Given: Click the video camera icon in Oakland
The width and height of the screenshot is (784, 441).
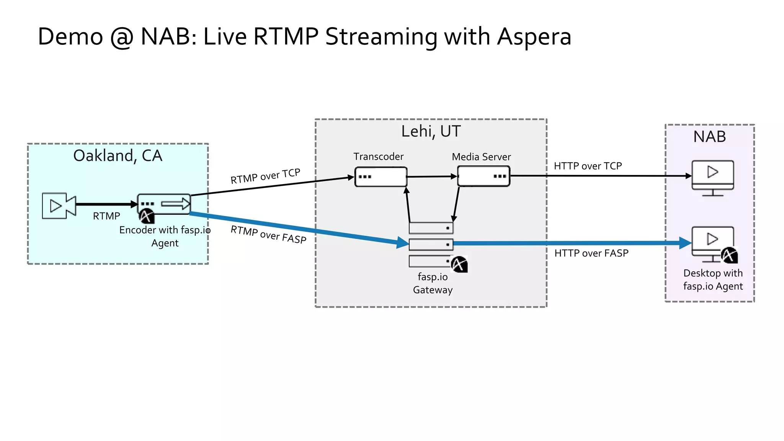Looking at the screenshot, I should (x=59, y=206).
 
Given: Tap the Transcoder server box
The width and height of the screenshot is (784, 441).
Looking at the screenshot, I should (x=381, y=177).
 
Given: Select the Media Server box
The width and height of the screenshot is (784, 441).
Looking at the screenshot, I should (x=483, y=176).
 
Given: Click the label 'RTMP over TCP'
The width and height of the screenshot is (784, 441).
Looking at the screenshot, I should (x=265, y=176).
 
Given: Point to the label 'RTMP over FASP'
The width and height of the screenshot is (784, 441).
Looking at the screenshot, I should (x=268, y=234).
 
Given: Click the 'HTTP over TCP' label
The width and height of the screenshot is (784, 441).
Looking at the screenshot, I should (x=588, y=166).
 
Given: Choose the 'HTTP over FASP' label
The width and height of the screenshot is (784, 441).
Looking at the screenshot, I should (x=591, y=253).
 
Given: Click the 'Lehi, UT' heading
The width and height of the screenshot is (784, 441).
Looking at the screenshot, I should (x=431, y=131).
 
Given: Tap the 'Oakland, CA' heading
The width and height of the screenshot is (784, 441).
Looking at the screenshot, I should (x=118, y=156).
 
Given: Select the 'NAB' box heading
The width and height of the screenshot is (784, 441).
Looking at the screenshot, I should (x=709, y=137).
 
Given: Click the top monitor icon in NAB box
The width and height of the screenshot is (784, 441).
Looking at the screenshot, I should (x=712, y=175).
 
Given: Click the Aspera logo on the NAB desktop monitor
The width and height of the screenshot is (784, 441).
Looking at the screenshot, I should (x=729, y=255).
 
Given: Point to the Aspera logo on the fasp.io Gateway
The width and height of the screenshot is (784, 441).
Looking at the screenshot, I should (x=459, y=264).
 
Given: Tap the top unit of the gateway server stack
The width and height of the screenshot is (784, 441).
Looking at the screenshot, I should (x=431, y=228).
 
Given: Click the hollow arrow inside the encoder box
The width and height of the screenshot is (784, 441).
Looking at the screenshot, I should (x=176, y=204).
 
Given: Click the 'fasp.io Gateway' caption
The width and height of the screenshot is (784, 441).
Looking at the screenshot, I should (x=433, y=283).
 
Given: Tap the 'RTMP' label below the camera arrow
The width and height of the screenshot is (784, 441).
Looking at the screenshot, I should (x=106, y=216).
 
